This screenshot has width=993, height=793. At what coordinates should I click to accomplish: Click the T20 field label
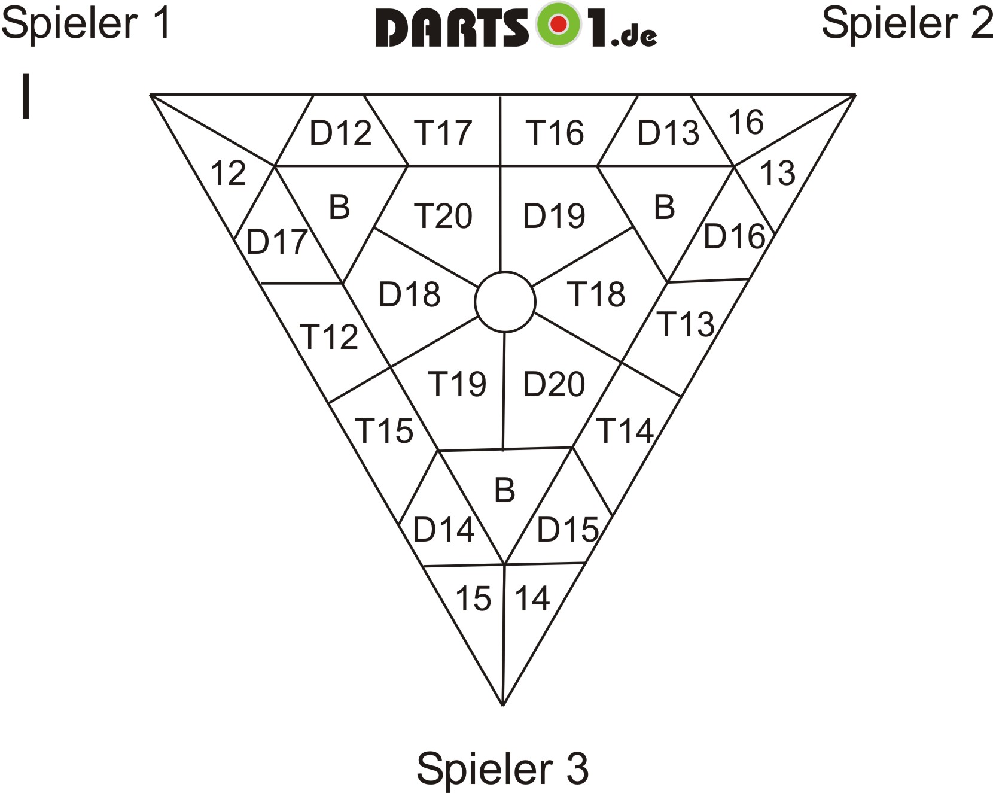pyautogui.click(x=443, y=216)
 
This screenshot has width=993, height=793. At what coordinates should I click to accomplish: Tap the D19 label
pyautogui.click(x=554, y=216)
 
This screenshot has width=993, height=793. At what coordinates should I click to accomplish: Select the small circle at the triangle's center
pyautogui.click(x=505, y=302)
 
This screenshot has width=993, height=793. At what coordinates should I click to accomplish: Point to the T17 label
pyautogui.click(x=443, y=132)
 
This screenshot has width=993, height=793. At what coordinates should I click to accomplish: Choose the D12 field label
pyautogui.click(x=340, y=132)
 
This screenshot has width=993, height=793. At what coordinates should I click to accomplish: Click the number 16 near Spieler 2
pyautogui.click(x=746, y=123)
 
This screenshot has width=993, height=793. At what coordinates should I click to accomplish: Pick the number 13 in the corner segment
pyautogui.click(x=778, y=173)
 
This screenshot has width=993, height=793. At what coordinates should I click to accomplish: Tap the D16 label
pyautogui.click(x=734, y=236)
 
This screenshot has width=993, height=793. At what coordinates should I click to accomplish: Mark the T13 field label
pyautogui.click(x=686, y=324)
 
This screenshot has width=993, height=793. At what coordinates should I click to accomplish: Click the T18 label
pyautogui.click(x=597, y=294)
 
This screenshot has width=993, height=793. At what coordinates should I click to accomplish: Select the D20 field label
pyautogui.click(x=554, y=384)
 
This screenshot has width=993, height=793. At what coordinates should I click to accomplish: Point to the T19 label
pyautogui.click(x=457, y=384)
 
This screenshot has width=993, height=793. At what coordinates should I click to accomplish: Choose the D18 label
pyautogui.click(x=410, y=294)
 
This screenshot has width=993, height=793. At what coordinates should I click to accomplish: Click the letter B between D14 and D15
pyautogui.click(x=505, y=490)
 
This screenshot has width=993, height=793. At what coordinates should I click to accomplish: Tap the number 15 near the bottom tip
pyautogui.click(x=473, y=598)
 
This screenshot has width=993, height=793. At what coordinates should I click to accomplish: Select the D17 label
pyautogui.click(x=277, y=242)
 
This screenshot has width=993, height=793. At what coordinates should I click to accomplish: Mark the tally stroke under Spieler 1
pyautogui.click(x=26, y=96)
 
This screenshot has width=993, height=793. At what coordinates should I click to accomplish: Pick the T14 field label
pyautogui.click(x=626, y=430)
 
